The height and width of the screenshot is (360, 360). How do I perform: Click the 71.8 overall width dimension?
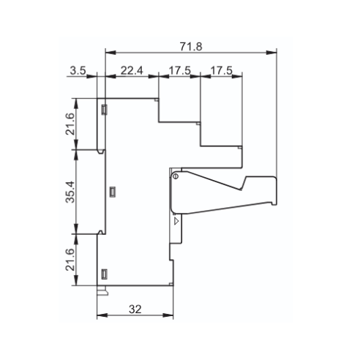[x=191, y=47]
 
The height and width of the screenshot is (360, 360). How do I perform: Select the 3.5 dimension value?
[x=78, y=70]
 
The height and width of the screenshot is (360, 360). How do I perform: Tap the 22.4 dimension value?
[x=132, y=70]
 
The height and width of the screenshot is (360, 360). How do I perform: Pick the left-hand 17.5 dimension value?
[x=180, y=70]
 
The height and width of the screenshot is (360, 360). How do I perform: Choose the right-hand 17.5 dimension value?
[x=222, y=70]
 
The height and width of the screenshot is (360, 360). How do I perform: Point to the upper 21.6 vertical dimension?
[x=70, y=124]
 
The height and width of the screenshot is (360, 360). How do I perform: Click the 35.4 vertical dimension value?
[x=70, y=192]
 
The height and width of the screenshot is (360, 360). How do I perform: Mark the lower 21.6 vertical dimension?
[x=70, y=260]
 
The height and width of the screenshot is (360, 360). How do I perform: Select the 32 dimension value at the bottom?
[x=135, y=310]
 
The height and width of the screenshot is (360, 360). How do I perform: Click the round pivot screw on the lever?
[x=176, y=176]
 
